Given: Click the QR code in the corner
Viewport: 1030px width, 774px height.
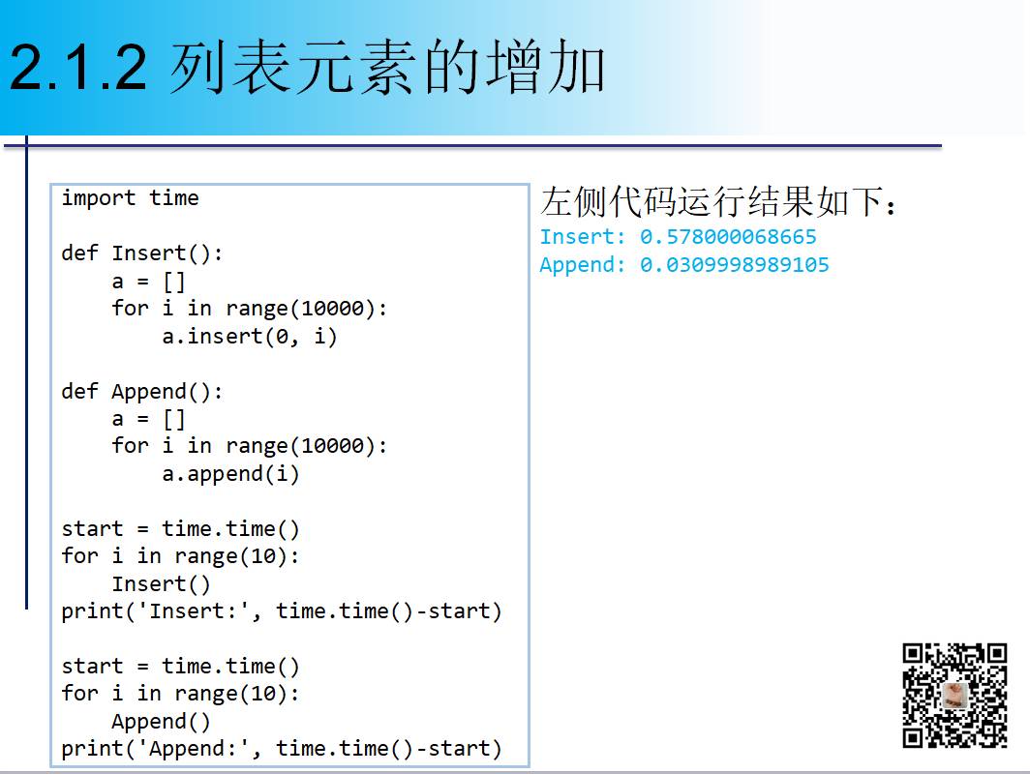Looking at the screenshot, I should click(x=954, y=696).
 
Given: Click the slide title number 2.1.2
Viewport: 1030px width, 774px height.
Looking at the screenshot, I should click(x=78, y=69).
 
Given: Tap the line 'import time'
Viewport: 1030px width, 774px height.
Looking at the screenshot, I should click(x=130, y=198).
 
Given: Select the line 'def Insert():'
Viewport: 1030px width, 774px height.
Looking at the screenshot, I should click(x=142, y=253).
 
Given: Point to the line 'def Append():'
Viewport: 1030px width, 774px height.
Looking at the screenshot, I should click(x=142, y=392).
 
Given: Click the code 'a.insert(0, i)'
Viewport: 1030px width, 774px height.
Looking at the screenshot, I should click(x=250, y=337).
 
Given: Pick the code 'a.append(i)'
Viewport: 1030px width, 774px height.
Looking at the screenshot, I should click(x=230, y=474).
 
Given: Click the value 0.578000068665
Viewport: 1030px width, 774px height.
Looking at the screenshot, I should click(x=728, y=237).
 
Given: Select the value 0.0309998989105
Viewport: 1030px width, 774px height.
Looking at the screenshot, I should click(x=734, y=265).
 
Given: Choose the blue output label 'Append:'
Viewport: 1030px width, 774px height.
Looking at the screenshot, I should click(x=583, y=265).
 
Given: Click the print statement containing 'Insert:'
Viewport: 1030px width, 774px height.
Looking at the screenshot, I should click(x=282, y=611).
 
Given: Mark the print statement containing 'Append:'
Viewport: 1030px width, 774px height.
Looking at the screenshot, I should click(x=282, y=749).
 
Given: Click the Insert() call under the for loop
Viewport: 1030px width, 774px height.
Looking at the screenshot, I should click(x=161, y=584).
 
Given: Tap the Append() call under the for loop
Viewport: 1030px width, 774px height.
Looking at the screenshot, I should click(x=161, y=722).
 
